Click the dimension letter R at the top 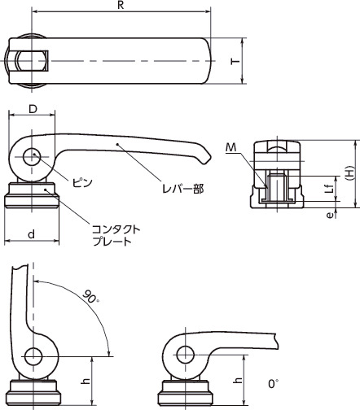click(121, 6)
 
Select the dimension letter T click(235, 62)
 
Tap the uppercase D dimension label click(32, 109)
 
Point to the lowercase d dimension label click(31, 234)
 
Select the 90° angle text click(87, 296)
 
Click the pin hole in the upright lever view click(33, 355)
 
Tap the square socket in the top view click(38, 61)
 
